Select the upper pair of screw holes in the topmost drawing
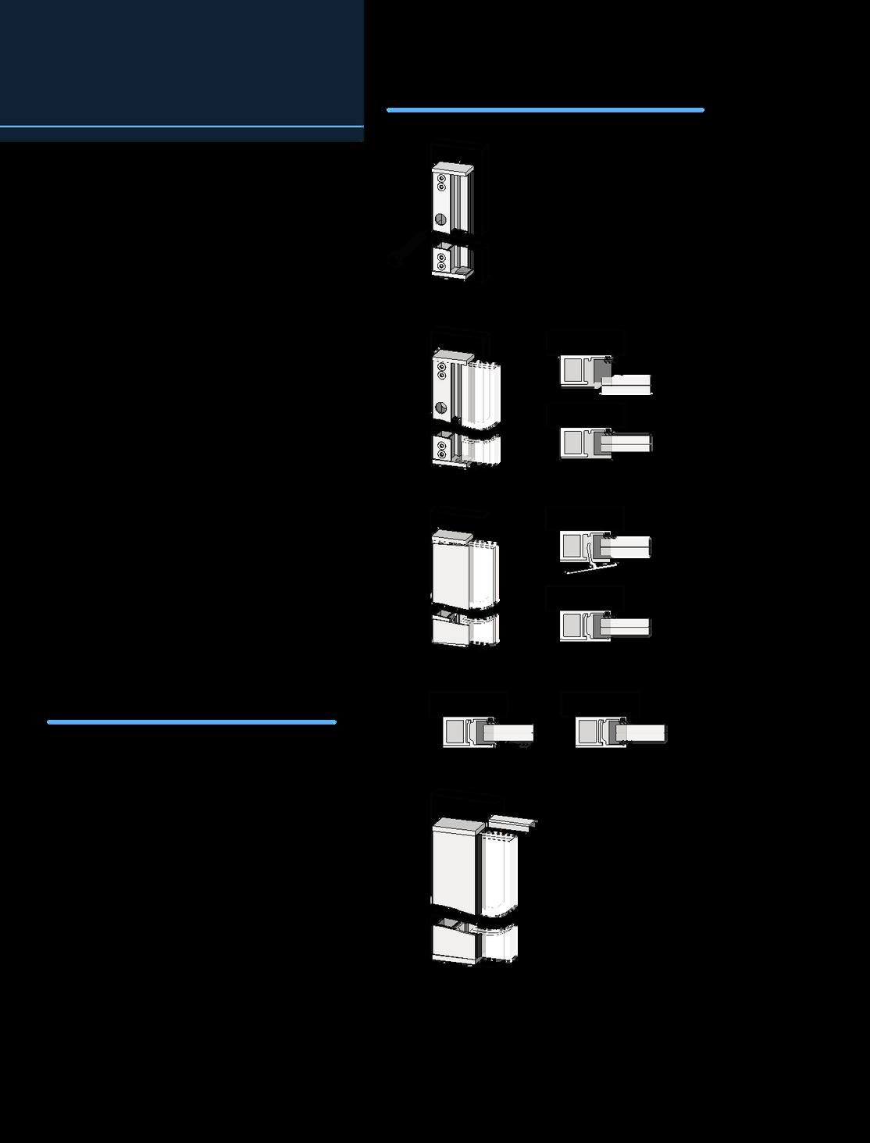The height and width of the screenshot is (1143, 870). click(x=441, y=183)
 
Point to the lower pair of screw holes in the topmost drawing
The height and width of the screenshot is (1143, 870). click(x=441, y=261)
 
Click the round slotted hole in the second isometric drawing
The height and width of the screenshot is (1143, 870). click(x=440, y=407)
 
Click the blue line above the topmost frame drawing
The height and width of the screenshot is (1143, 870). click(x=545, y=110)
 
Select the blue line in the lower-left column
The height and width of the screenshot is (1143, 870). click(x=191, y=722)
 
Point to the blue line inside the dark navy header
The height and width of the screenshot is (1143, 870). click(x=181, y=126)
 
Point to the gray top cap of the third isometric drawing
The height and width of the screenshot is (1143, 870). click(x=451, y=536)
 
